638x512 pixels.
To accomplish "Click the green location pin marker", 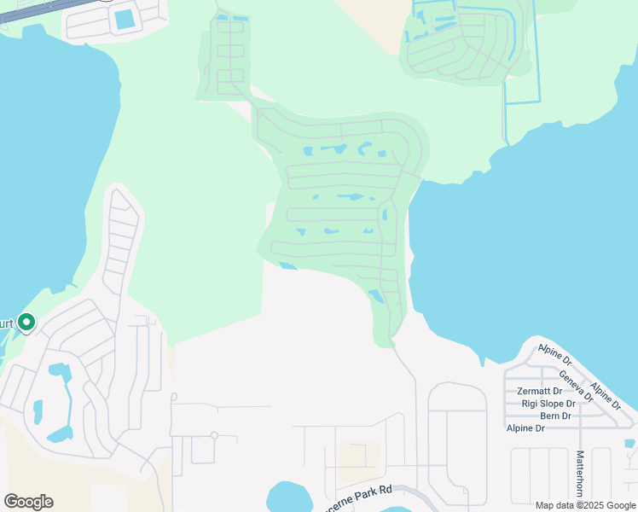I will click(26, 323).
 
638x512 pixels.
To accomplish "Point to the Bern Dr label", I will click(555, 416).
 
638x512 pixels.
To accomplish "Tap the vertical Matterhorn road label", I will click(580, 474).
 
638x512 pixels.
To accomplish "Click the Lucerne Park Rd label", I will click(357, 491).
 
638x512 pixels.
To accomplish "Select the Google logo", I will click(28, 502).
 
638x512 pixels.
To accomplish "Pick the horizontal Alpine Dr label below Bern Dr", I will click(525, 428).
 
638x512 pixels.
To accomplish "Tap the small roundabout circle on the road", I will click(214, 435).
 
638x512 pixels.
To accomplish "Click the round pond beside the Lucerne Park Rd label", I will click(290, 497).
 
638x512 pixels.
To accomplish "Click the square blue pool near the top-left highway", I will click(125, 17).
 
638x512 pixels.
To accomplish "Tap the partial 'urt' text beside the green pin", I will click(7, 323).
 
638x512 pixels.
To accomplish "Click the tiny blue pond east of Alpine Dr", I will click(629, 444).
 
